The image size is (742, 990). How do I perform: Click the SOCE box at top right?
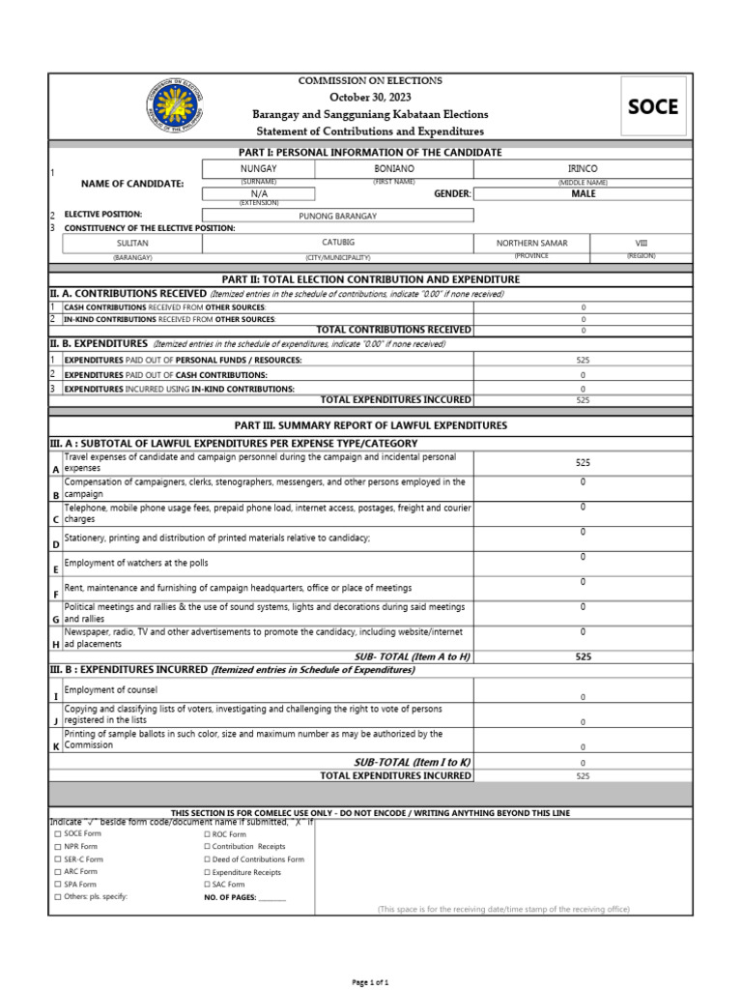653,106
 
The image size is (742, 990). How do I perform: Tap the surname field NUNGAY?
258,168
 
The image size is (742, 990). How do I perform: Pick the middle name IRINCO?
583,168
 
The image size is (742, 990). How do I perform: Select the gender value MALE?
583,193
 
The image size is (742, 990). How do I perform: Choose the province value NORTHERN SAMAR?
532,244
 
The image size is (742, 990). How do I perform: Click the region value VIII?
642,243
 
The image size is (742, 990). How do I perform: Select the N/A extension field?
259,193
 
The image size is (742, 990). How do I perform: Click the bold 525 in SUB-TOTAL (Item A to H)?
583,656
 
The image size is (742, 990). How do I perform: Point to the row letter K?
55,746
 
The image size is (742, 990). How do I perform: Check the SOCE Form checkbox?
57,833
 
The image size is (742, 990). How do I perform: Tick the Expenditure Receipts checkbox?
207,872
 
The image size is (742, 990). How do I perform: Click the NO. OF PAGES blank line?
272,897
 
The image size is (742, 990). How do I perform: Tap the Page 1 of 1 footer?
371,982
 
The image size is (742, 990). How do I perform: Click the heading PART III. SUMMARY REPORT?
370,425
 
